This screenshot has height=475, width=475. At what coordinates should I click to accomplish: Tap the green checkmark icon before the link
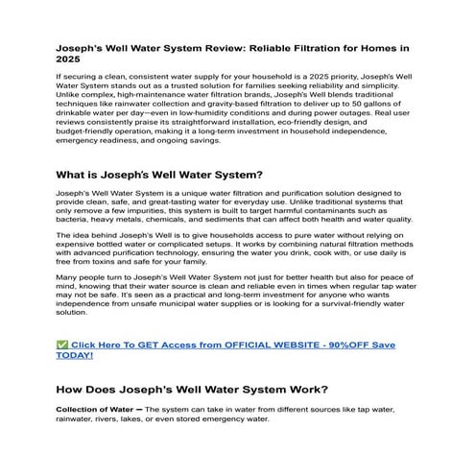coord(61,344)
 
